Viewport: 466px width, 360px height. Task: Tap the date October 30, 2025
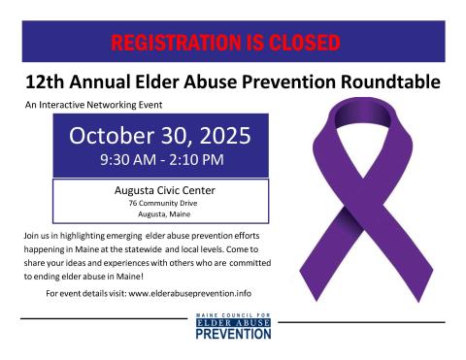(160, 135)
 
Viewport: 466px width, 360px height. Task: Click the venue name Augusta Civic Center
(159, 190)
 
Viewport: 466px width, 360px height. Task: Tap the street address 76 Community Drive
(159, 204)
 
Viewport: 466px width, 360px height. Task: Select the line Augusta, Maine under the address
(159, 214)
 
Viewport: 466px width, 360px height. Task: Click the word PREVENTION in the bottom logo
(233, 335)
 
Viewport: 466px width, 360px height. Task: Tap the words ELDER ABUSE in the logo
(233, 325)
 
